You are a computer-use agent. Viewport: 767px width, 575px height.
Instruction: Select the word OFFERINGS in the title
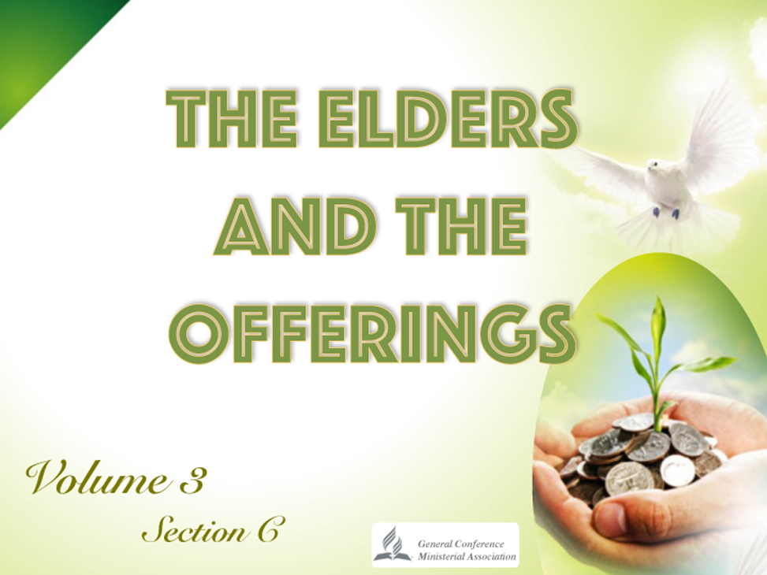pos(372,332)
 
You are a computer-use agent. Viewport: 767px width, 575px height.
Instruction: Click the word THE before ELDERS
pos(233,118)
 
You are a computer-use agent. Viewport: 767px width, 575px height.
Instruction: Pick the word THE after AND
pos(462,228)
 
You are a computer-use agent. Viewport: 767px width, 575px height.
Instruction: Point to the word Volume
pos(97,477)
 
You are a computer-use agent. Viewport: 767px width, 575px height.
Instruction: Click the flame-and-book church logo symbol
pos(393,543)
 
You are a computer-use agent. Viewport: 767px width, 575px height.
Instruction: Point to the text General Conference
pos(460,543)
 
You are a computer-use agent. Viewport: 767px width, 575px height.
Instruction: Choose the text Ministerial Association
pos(467,556)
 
